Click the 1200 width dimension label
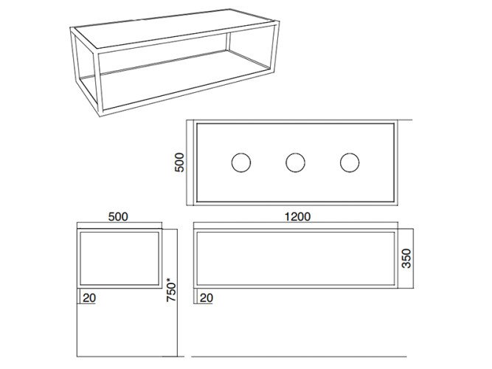[297, 217]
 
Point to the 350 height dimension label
[406, 258]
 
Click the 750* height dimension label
[171, 290]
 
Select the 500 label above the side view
[118, 217]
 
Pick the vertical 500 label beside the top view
[179, 162]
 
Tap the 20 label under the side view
[89, 298]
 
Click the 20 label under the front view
[206, 298]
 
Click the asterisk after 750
[169, 280]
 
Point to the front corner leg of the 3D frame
[100, 83]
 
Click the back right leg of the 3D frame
[228, 41]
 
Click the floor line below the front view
[299, 356]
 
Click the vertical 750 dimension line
[177, 293]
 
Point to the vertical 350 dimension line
[413, 258]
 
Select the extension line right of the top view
[404, 120]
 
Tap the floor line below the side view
[131, 356]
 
